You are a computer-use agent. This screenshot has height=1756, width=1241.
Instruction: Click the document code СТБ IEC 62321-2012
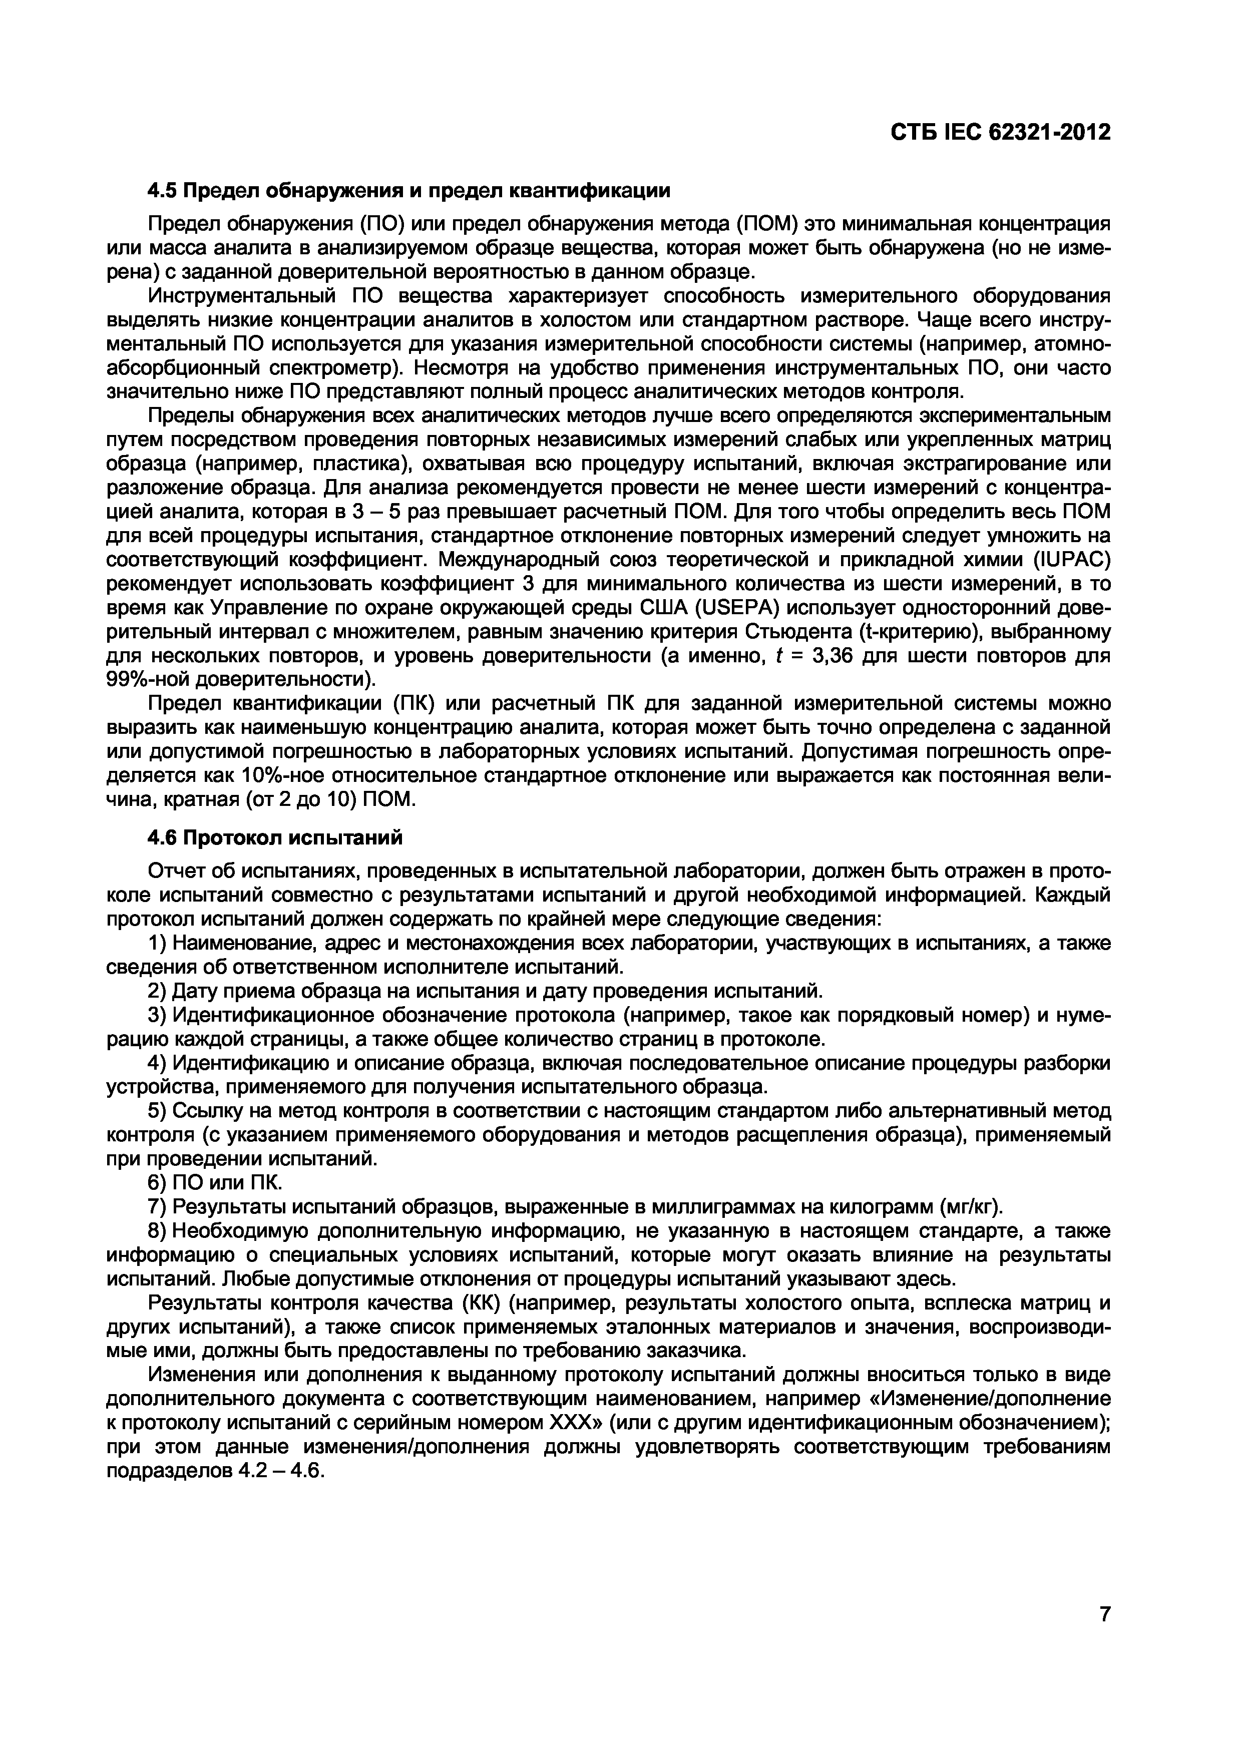click(x=999, y=132)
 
